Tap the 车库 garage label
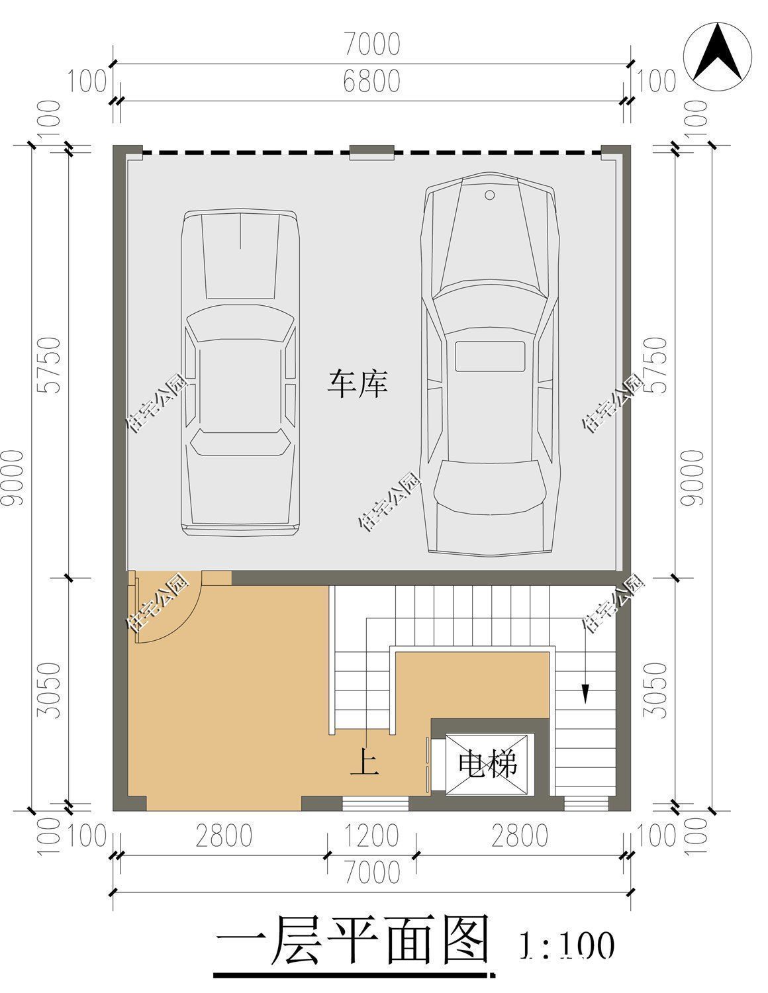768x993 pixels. [x=358, y=383]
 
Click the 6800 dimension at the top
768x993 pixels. [x=372, y=81]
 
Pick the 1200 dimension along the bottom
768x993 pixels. [x=371, y=835]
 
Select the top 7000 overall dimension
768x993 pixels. [x=372, y=44]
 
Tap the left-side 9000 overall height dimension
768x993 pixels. [x=13, y=478]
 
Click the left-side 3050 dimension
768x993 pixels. [x=49, y=690]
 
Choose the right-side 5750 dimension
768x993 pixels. [x=655, y=365]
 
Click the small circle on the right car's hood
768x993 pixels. [x=489, y=195]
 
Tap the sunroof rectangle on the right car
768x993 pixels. [x=489, y=356]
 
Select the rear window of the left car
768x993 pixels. [x=240, y=442]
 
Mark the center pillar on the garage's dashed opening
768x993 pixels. [x=372, y=152]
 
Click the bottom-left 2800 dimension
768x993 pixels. [x=224, y=835]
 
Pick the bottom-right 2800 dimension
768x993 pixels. [x=520, y=835]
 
